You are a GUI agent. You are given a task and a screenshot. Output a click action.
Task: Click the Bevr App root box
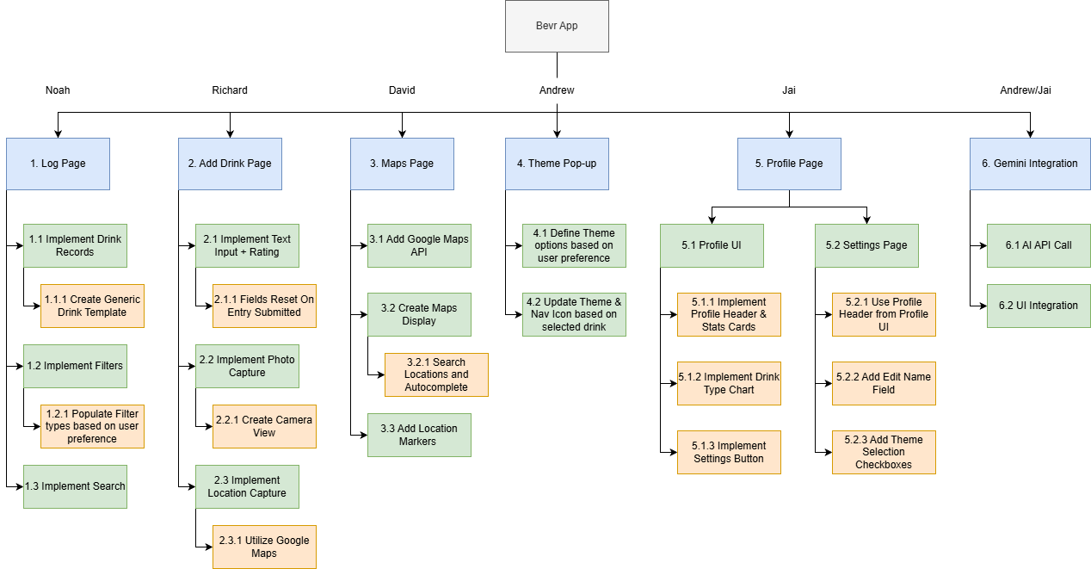click(557, 26)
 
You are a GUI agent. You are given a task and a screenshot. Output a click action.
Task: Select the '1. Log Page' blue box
click(58, 164)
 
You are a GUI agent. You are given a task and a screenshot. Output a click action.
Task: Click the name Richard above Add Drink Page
click(230, 90)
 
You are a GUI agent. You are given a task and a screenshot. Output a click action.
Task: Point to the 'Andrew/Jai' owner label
click(1026, 90)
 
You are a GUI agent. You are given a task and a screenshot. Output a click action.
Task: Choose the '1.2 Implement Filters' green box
click(75, 366)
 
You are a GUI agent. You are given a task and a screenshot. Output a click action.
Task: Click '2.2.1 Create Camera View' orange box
click(264, 426)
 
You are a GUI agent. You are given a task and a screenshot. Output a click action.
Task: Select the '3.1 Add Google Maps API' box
click(419, 245)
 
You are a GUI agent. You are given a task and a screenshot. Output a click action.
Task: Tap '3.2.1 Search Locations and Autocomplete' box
click(436, 374)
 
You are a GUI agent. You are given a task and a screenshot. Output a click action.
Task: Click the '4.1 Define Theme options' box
click(574, 245)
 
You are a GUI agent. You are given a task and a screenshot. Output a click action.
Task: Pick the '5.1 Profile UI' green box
click(712, 245)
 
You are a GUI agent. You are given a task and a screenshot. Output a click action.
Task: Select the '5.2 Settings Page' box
click(866, 245)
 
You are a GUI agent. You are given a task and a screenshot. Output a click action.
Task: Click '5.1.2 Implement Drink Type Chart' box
click(729, 383)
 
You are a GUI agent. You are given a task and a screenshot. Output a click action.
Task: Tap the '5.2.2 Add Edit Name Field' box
click(884, 383)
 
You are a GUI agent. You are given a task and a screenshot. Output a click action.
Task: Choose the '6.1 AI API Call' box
click(1039, 245)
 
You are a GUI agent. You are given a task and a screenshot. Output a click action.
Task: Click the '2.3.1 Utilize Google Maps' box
click(264, 547)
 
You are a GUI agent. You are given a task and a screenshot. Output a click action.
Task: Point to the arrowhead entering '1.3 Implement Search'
click(19, 486)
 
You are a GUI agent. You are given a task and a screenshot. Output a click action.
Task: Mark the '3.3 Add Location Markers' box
click(419, 435)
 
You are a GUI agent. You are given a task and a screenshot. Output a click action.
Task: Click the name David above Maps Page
click(402, 90)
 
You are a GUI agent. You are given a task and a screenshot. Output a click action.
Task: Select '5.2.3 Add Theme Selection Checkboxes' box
click(884, 452)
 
